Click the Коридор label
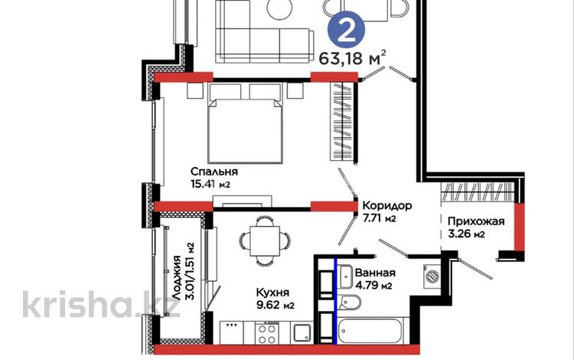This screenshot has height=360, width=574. pyautogui.click(x=387, y=205)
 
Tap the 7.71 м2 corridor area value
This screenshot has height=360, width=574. pyautogui.click(x=380, y=218)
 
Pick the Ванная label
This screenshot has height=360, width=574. pyautogui.click(x=374, y=273)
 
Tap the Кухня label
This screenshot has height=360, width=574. pyautogui.click(x=272, y=293)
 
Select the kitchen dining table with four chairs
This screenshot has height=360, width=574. pyautogui.click(x=260, y=239)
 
